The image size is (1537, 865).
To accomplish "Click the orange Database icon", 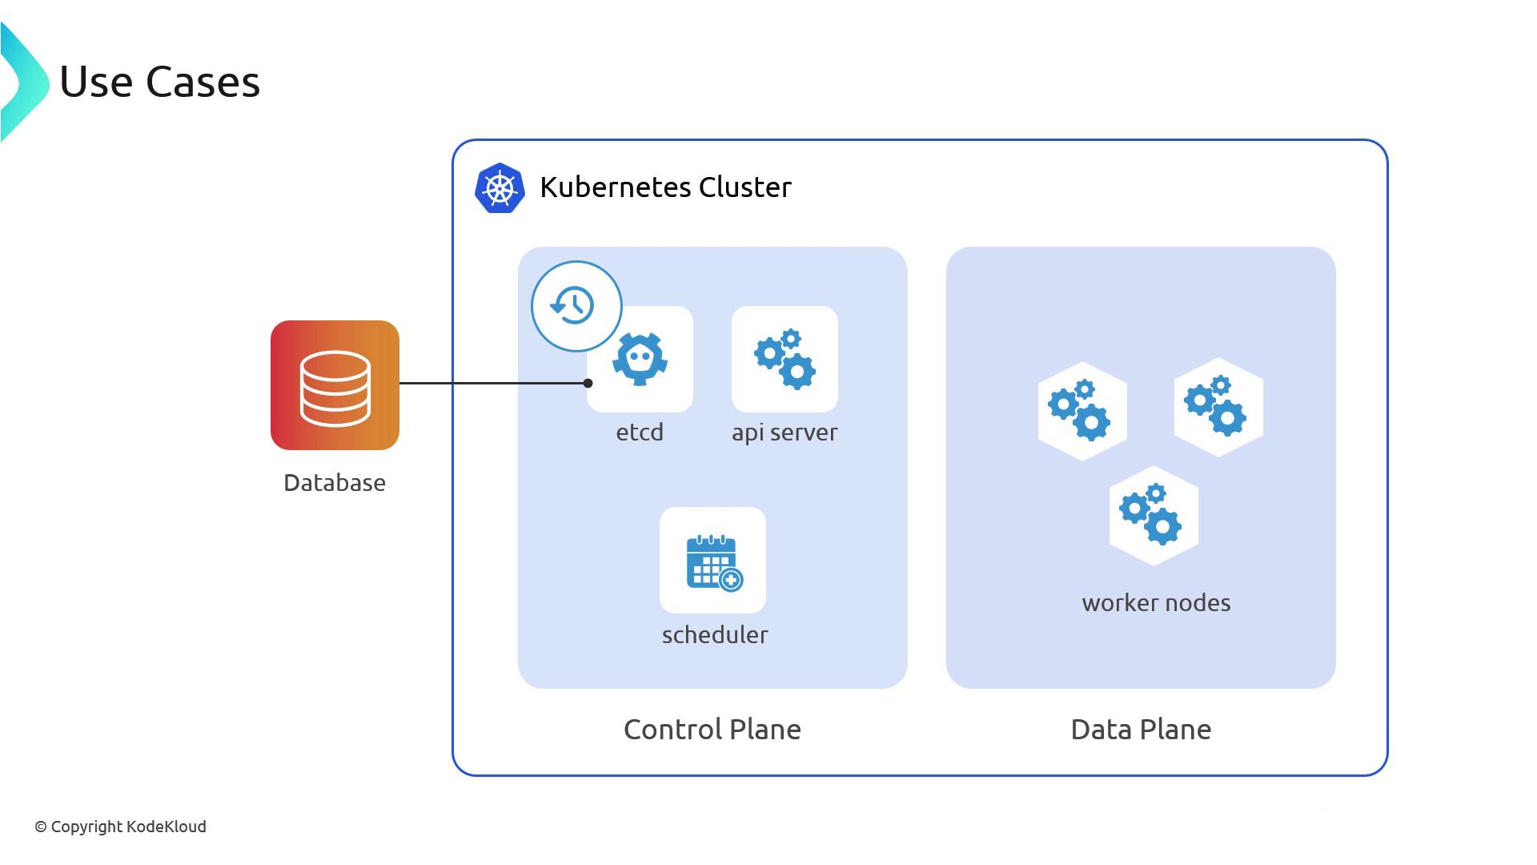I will (x=335, y=385).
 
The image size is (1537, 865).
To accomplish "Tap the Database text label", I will (x=335, y=483).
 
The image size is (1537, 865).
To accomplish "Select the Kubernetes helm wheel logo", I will (x=500, y=188).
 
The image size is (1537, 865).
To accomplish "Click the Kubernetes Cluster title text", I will (x=665, y=187).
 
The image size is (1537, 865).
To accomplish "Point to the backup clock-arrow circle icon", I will (x=576, y=306).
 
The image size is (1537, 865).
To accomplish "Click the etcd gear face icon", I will (x=640, y=360).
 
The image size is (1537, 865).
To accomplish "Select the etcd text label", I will (x=640, y=432).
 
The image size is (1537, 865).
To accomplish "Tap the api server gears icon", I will (x=785, y=359).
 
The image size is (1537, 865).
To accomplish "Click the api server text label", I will (x=785, y=432).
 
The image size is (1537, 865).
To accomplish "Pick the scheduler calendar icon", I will (x=712, y=561).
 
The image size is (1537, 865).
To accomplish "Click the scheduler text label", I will (x=715, y=635).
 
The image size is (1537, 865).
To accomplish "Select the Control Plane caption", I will (x=712, y=730).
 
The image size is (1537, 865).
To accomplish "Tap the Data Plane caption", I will (x=1141, y=730).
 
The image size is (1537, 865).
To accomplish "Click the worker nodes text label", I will (x=1156, y=603).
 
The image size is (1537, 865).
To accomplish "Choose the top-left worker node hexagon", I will (x=1082, y=411).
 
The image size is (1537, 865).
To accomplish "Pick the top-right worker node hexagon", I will (x=1218, y=408).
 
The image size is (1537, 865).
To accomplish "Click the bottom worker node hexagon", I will (x=1154, y=516).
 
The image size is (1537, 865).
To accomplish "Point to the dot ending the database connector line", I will (x=588, y=384).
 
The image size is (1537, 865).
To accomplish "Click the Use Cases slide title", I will (x=160, y=82).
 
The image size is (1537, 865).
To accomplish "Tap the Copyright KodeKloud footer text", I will (x=120, y=827).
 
